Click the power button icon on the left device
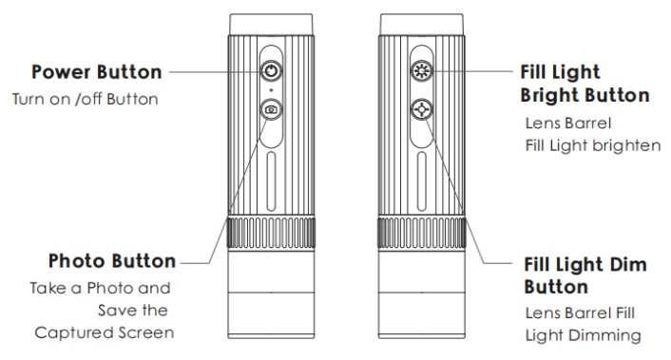[271, 70]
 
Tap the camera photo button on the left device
[271, 109]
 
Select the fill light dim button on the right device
[422, 109]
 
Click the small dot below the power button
[271, 90]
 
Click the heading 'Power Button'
[97, 72]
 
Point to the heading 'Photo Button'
[112, 261]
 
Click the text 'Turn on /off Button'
[86, 99]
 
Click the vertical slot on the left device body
[271, 181]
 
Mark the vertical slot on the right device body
[422, 181]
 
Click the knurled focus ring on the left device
[271, 233]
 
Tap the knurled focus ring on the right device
[422, 233]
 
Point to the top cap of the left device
[271, 25]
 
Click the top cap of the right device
[422, 25]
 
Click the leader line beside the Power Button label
[215, 71]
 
